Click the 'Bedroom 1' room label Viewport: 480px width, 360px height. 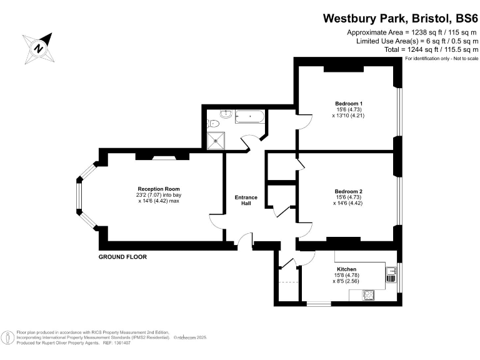click(x=348, y=103)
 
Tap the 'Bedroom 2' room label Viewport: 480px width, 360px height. click(x=348, y=191)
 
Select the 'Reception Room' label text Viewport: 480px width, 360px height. click(x=159, y=189)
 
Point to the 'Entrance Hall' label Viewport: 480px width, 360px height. click(x=246, y=201)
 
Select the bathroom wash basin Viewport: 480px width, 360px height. click(x=227, y=114)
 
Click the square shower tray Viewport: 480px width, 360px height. click(x=217, y=141)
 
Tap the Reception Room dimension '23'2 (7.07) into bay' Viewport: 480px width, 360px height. click(x=159, y=195)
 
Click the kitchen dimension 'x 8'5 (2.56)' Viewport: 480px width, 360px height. click(x=346, y=281)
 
